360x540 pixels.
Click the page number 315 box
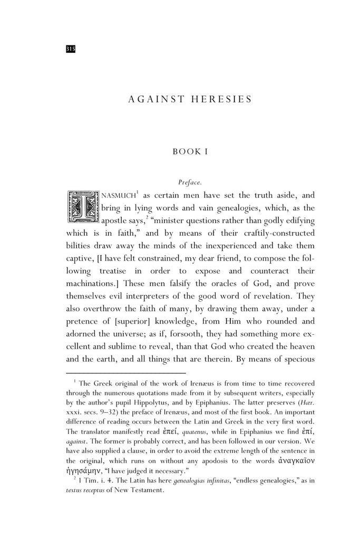coord(71,49)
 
